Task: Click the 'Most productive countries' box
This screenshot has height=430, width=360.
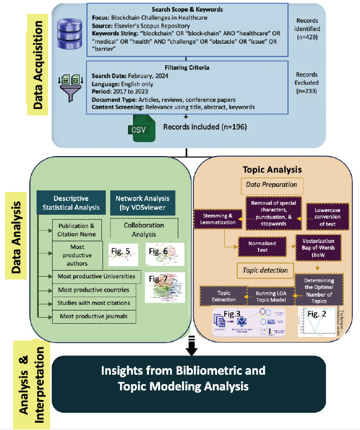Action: pos(94,289)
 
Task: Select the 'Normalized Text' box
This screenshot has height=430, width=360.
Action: pos(259,246)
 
